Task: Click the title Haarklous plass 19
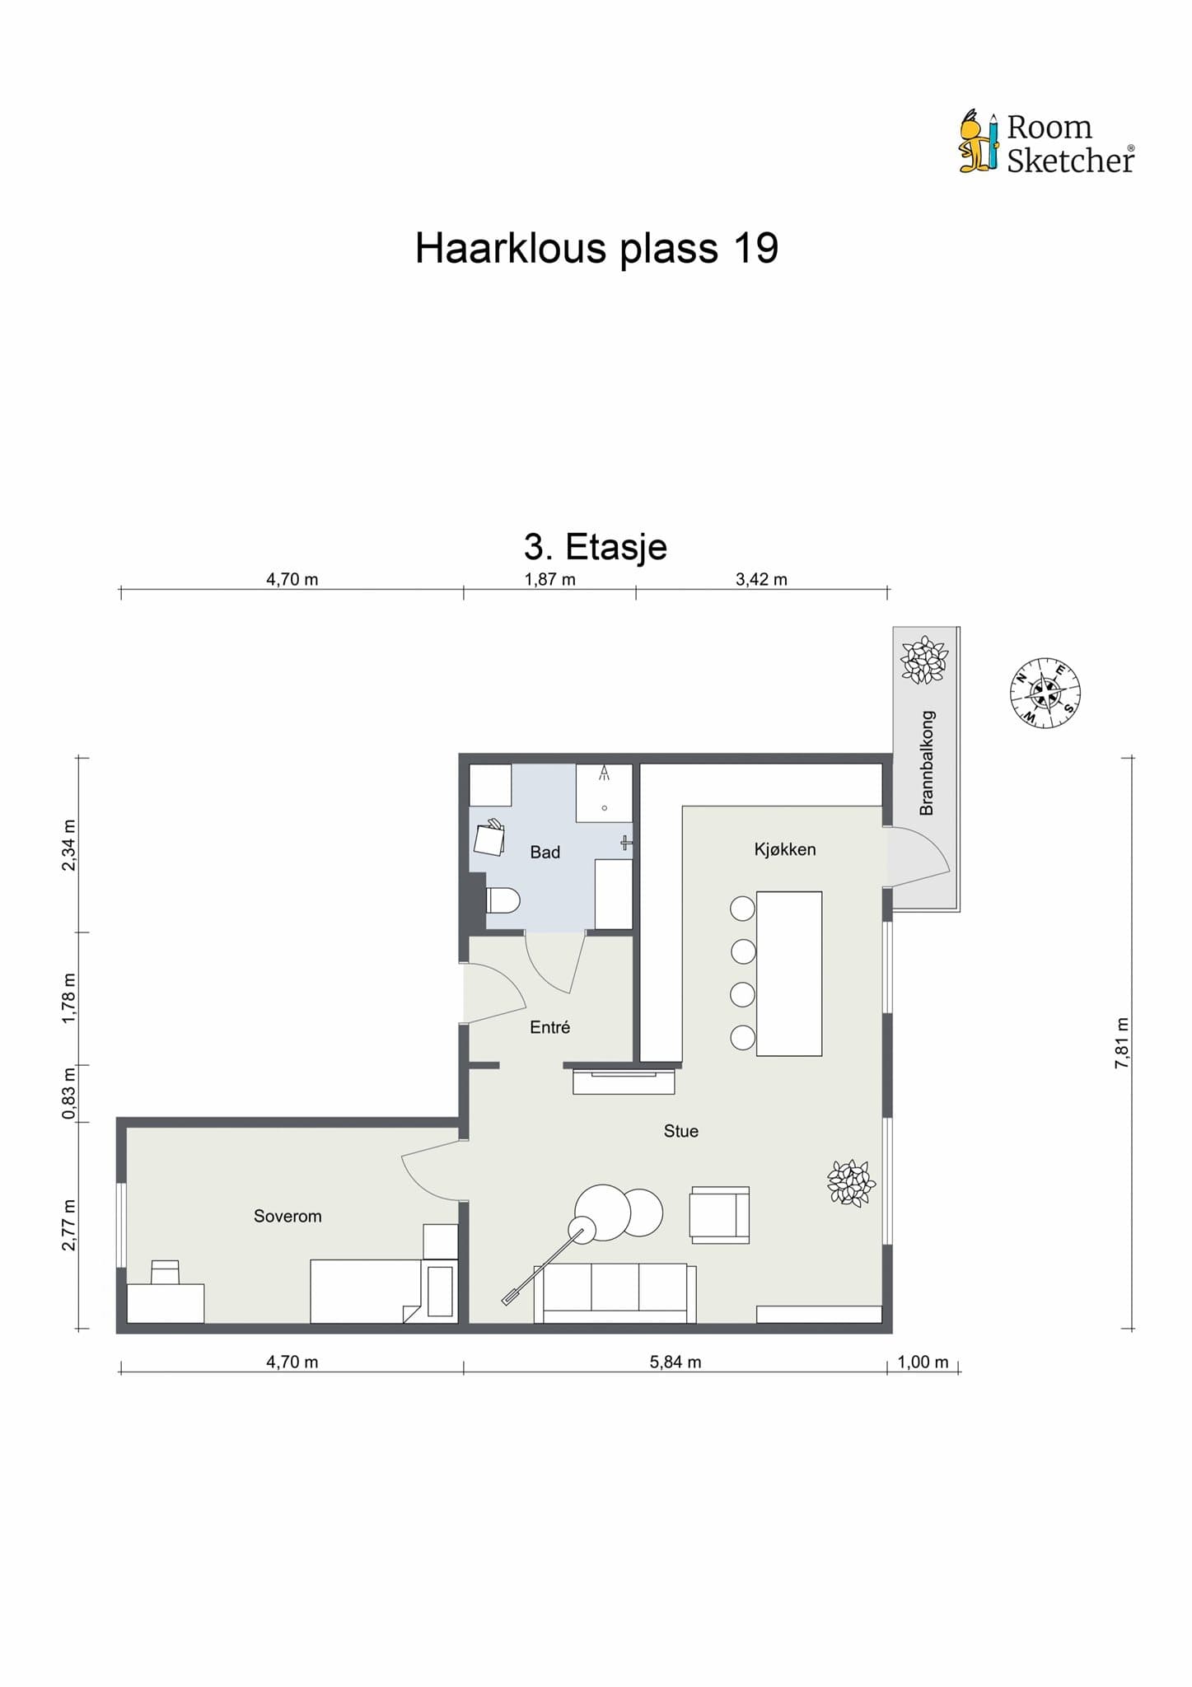(x=596, y=248)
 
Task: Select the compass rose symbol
(x=1045, y=693)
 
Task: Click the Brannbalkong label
(x=927, y=763)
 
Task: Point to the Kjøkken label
(x=784, y=849)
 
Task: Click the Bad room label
(x=545, y=853)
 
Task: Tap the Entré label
(x=549, y=1027)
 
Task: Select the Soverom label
(x=287, y=1216)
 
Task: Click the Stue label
(x=680, y=1131)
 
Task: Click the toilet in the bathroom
(x=502, y=900)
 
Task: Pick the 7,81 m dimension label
(x=1121, y=1043)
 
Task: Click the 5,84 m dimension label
(x=675, y=1362)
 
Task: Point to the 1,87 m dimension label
(x=549, y=579)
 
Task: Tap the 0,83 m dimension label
(x=69, y=1093)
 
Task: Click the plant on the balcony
(x=924, y=660)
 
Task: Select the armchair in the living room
(x=719, y=1215)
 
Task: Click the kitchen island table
(x=788, y=973)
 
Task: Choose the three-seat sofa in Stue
(x=615, y=1292)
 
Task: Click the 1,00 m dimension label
(x=923, y=1362)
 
